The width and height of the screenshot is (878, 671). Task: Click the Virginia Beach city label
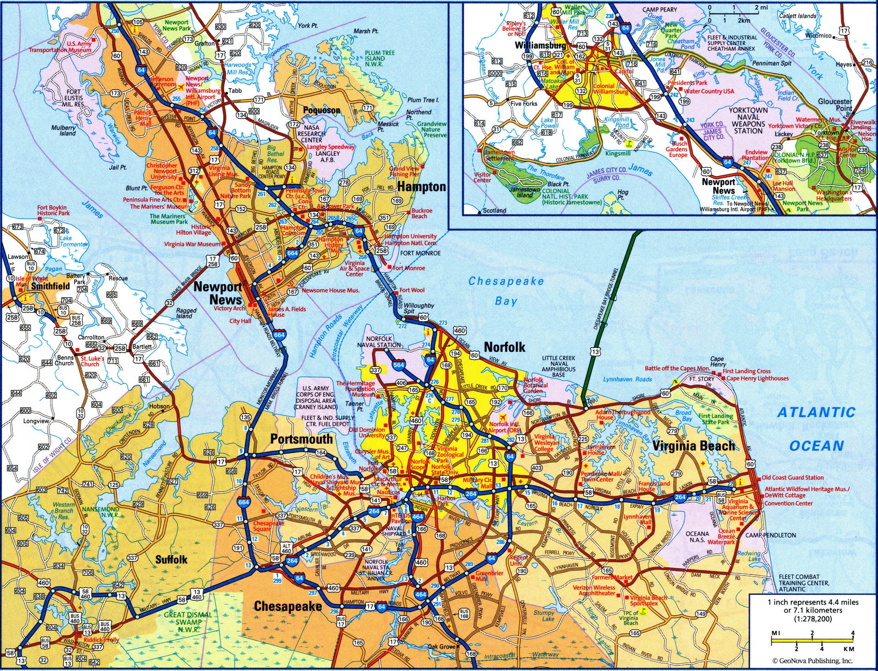tap(693, 445)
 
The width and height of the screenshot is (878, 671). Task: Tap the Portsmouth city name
tap(301, 439)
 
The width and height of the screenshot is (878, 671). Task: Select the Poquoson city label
tap(321, 110)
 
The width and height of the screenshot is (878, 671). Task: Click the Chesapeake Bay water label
tap(506, 291)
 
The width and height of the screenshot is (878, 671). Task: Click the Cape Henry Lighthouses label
tap(757, 378)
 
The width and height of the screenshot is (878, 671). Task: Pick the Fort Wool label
tap(412, 290)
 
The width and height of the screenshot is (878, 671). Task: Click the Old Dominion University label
tap(366, 433)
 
